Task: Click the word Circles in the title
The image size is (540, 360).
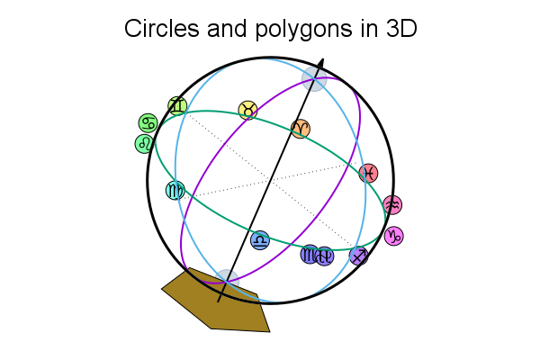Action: click(161, 28)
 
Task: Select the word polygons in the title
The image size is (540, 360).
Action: click(303, 30)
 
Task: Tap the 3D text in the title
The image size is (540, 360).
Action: click(401, 28)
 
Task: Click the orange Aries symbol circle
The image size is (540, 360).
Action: click(301, 129)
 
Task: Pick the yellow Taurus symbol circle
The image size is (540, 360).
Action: click(248, 110)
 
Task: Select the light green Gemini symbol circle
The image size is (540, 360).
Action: click(177, 106)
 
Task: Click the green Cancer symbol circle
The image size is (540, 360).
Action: click(148, 123)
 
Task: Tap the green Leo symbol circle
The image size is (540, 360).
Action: click(144, 144)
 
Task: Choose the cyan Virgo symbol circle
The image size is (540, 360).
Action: click(175, 190)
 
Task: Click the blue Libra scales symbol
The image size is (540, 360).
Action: click(260, 240)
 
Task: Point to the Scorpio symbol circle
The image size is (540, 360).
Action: click(310, 254)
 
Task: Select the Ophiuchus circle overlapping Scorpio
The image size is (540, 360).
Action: click(324, 256)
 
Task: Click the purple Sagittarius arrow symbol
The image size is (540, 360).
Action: click(359, 256)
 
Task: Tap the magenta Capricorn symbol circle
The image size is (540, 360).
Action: click(393, 236)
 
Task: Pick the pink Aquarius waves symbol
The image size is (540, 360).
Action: click(392, 205)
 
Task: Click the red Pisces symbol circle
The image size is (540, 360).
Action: click(368, 174)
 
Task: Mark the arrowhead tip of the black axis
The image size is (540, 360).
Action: click(323, 58)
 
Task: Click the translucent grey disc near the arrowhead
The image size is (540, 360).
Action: click(314, 79)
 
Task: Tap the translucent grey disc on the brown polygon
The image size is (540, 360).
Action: click(227, 282)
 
